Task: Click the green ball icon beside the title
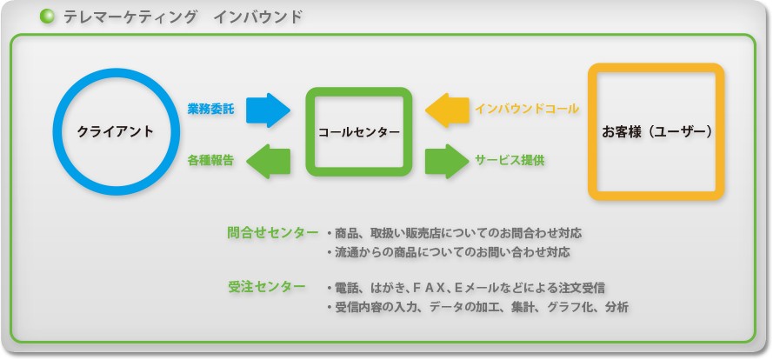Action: [x=46, y=17]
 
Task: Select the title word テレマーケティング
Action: [x=130, y=17]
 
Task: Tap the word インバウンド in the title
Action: [x=258, y=17]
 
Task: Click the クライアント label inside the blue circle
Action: [x=116, y=131]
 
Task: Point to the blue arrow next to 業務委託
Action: [x=268, y=110]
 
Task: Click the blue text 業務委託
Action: [x=210, y=110]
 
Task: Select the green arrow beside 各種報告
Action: [x=268, y=161]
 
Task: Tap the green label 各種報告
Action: [x=210, y=161]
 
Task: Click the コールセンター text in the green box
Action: [x=358, y=132]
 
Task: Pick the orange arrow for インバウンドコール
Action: [x=447, y=110]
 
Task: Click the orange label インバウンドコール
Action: [x=527, y=110]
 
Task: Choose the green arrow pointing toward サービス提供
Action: [x=447, y=161]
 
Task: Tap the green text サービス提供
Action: [x=510, y=161]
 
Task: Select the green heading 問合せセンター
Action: [x=273, y=233]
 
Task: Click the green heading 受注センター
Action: [x=266, y=287]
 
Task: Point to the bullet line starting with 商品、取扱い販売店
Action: [x=454, y=233]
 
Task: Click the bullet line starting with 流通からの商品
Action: [x=448, y=253]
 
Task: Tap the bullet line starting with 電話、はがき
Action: [x=465, y=288]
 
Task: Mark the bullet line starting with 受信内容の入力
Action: [x=477, y=308]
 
